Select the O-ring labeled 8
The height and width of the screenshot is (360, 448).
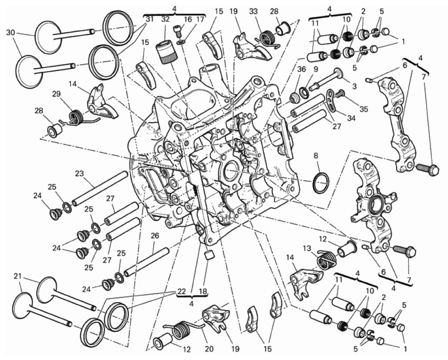click(321, 183)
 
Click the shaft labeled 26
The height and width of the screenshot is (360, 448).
click(146, 262)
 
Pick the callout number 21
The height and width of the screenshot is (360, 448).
click(17, 276)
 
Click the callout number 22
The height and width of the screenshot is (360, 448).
click(181, 291)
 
